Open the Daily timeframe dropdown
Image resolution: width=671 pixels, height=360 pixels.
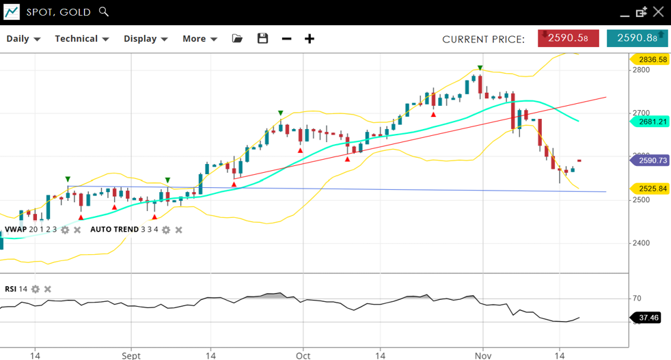23,39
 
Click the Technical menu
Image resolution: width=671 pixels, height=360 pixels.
81,39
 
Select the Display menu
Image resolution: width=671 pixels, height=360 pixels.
146,39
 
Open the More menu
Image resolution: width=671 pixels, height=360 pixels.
200,39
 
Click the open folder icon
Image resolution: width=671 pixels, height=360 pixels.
237,39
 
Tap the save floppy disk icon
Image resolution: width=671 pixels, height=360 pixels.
262,39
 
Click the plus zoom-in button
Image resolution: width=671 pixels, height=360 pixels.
310,39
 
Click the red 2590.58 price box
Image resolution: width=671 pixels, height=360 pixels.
568,38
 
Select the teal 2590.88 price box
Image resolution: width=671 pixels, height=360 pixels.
637,38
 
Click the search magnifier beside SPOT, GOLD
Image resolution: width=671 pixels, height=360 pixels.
104,12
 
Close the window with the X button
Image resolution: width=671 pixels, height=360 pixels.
658,12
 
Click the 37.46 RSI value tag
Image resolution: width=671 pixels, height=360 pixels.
648,318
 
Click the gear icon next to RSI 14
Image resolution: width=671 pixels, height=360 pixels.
36,289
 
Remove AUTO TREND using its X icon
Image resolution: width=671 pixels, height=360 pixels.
178,230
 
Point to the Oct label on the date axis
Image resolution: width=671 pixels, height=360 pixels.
303,356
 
